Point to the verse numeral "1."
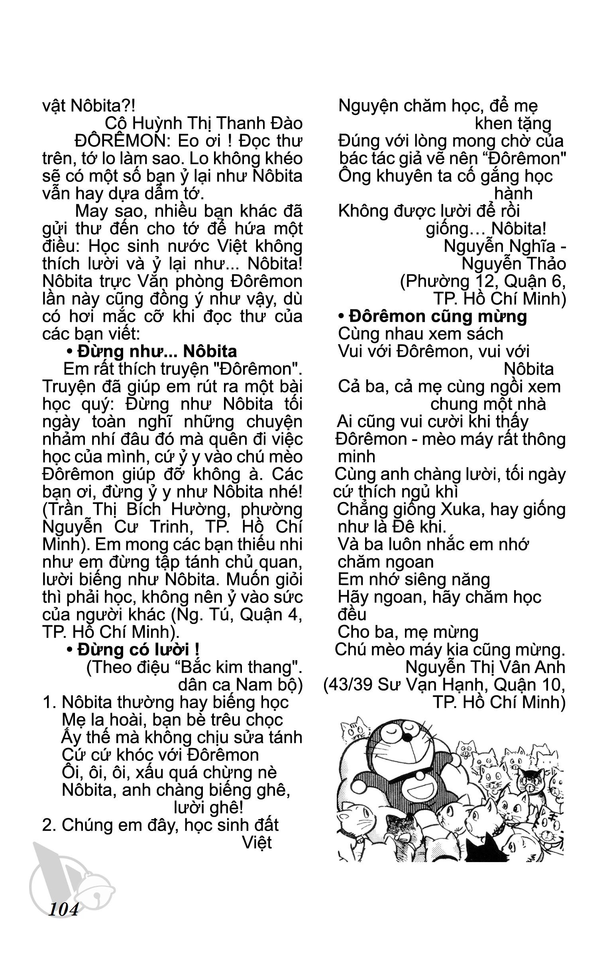coord(49,702)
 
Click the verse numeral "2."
coord(50,825)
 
